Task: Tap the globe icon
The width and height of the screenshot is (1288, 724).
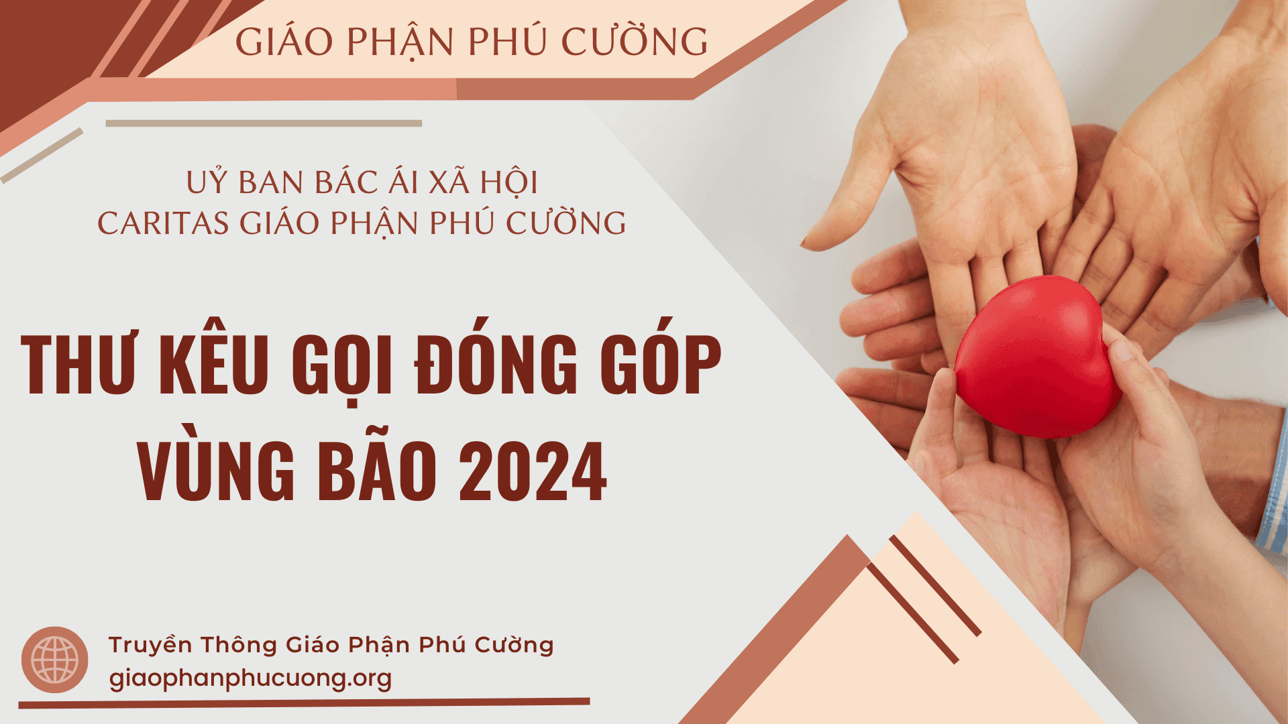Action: pos(55,660)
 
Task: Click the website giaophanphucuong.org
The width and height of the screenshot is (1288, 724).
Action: pos(250,678)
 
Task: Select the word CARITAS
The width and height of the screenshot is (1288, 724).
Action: pos(163,223)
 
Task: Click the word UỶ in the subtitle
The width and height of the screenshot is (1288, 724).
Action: pos(207,182)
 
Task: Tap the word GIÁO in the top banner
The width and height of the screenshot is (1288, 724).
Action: pos(284,41)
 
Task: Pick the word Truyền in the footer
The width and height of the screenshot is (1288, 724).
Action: pos(150,644)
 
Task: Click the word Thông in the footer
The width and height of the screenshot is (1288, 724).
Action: pos(239,644)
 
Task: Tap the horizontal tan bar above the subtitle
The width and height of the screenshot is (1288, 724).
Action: pos(264,123)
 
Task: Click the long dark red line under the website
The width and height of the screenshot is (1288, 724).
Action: pos(304,703)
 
